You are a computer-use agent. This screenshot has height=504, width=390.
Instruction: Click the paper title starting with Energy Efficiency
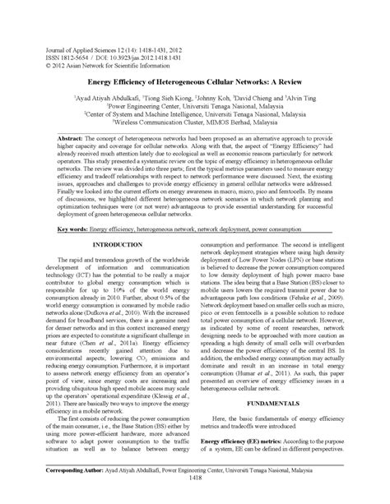[x=195, y=84]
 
